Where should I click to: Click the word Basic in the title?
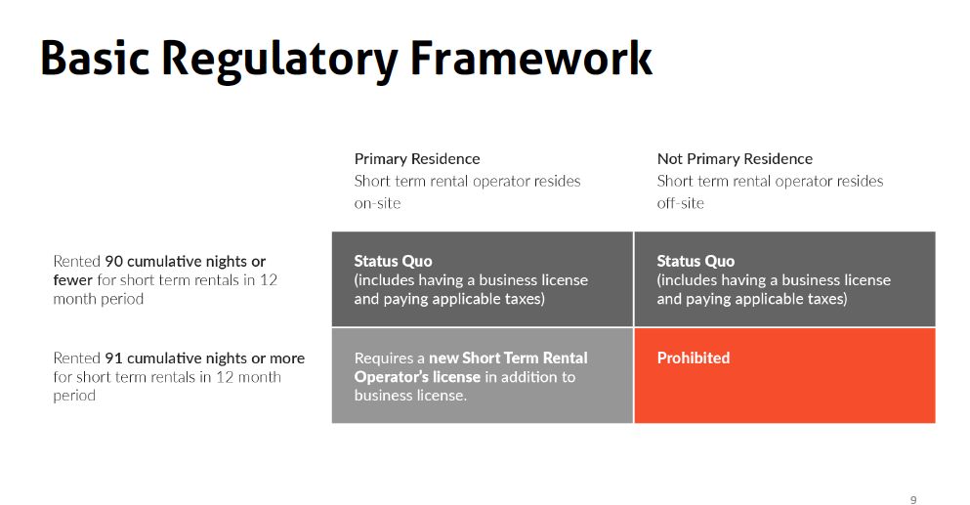pyautogui.click(x=95, y=58)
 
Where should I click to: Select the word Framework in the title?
pyautogui.click(x=531, y=58)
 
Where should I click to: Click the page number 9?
pyautogui.click(x=913, y=499)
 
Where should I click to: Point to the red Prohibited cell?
pyautogui.click(x=784, y=375)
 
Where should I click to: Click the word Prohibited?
pyautogui.click(x=694, y=358)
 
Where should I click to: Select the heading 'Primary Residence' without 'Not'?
pyautogui.click(x=417, y=159)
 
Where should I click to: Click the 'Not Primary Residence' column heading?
pyautogui.click(x=735, y=159)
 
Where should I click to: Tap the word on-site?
pyautogui.click(x=377, y=203)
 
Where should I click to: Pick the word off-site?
pyautogui.click(x=681, y=203)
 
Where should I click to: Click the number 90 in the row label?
pyautogui.click(x=113, y=261)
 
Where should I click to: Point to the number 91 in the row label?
pyautogui.click(x=113, y=358)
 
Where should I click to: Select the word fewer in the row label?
pyautogui.click(x=73, y=279)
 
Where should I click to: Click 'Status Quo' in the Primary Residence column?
pyautogui.click(x=393, y=261)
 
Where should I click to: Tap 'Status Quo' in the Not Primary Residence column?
pyautogui.click(x=696, y=261)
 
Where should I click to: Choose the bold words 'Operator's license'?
pyautogui.click(x=417, y=377)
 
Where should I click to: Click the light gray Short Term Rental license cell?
pyautogui.click(x=483, y=375)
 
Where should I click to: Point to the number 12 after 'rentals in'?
pyautogui.click(x=268, y=279)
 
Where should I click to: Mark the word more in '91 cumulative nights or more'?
pyautogui.click(x=286, y=358)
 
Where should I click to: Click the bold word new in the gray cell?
pyautogui.click(x=443, y=358)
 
